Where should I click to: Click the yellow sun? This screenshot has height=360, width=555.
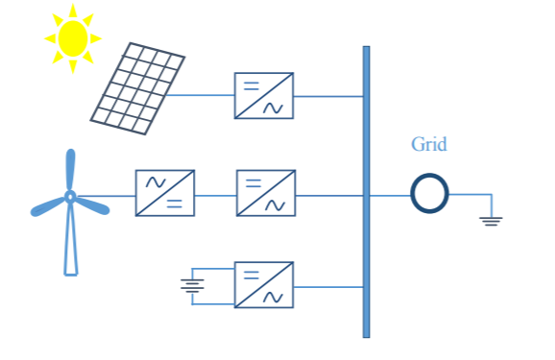(73, 37)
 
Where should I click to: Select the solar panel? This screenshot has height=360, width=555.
(137, 86)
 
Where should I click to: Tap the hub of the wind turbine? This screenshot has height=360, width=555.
(70, 197)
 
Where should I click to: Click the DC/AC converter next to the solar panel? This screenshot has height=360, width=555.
(264, 96)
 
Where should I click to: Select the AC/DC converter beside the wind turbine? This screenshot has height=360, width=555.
(165, 193)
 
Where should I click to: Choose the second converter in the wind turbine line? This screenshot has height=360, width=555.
(265, 193)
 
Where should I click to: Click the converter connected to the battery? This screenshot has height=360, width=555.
(264, 284)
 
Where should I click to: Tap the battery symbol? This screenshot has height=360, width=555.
(193, 284)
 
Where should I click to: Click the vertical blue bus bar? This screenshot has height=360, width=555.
(366, 192)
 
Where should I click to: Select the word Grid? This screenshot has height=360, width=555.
(429, 145)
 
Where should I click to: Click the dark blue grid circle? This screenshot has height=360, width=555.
(429, 193)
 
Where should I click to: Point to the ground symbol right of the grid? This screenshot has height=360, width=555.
(491, 220)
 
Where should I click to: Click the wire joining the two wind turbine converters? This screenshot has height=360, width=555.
(215, 195)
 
